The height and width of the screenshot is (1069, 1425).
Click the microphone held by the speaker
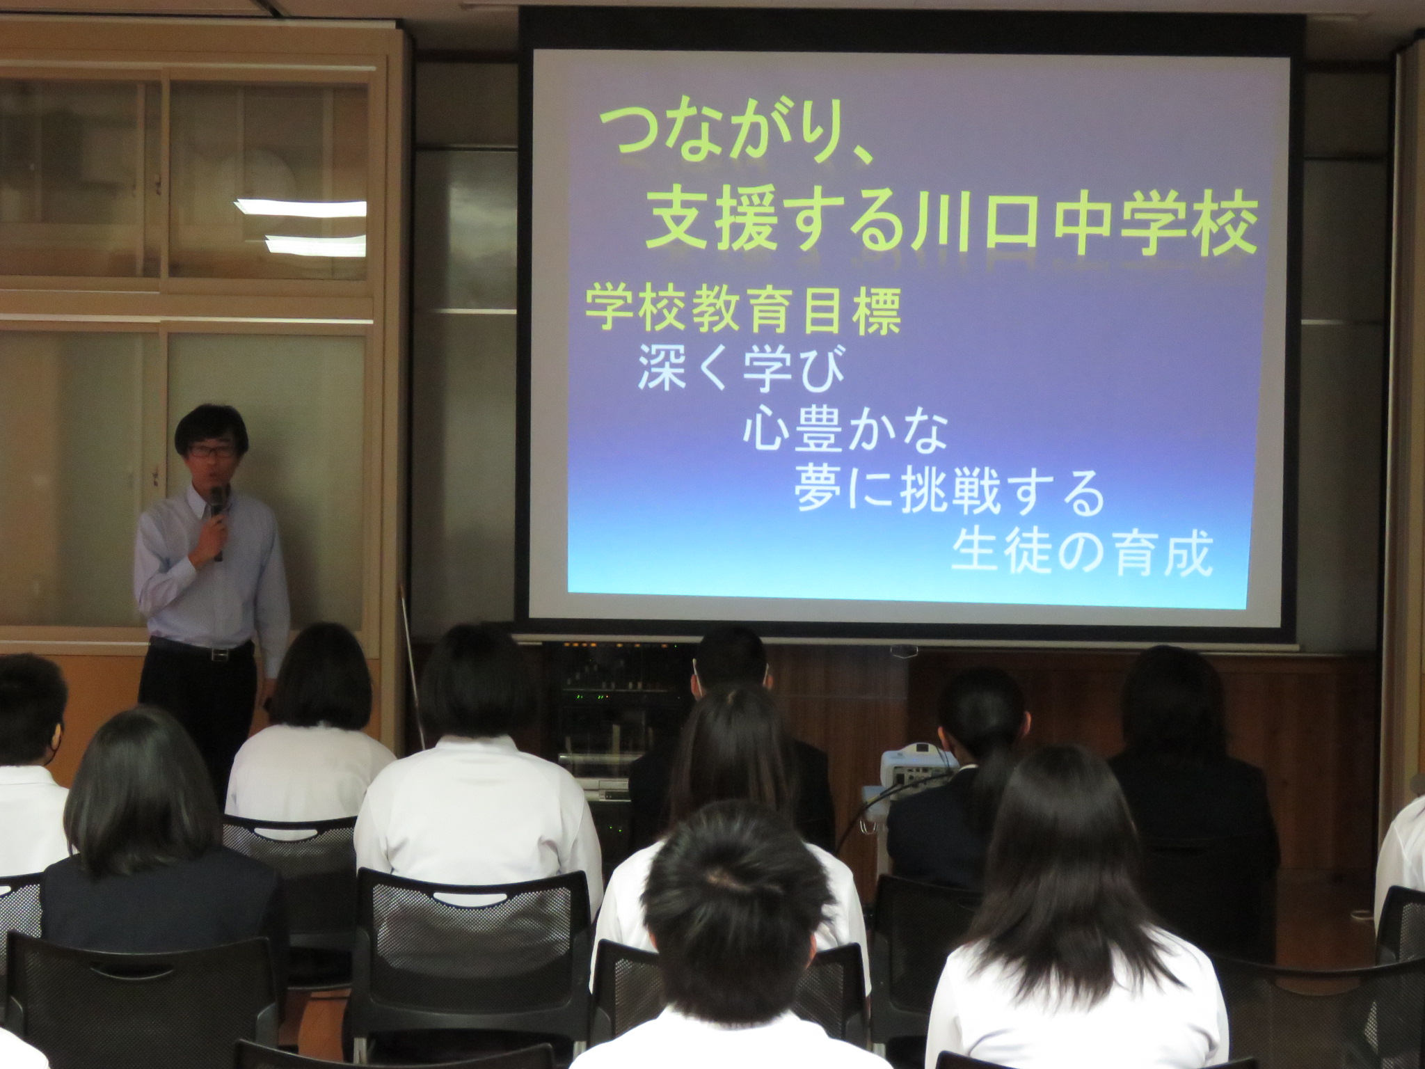(x=218, y=521)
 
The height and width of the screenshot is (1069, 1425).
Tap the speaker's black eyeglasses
(x=210, y=450)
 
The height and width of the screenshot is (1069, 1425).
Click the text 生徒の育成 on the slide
(x=1082, y=553)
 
